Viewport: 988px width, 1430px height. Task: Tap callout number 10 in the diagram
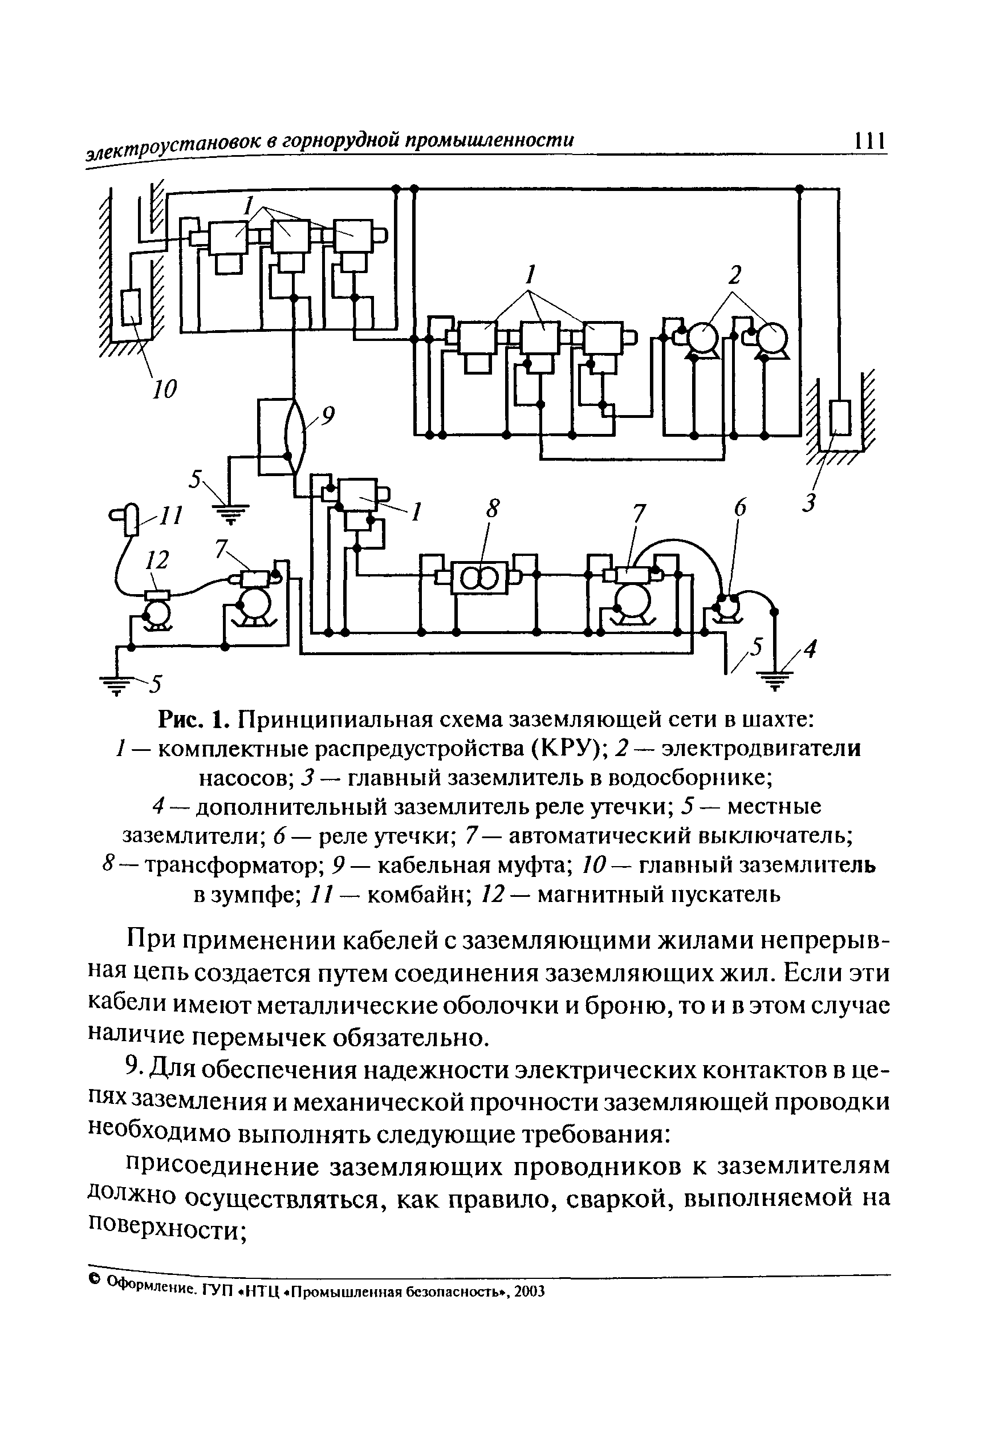pyautogui.click(x=165, y=389)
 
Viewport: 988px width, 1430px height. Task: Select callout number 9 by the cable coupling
pyautogui.click(x=327, y=415)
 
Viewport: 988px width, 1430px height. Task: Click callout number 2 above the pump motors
pyautogui.click(x=734, y=274)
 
